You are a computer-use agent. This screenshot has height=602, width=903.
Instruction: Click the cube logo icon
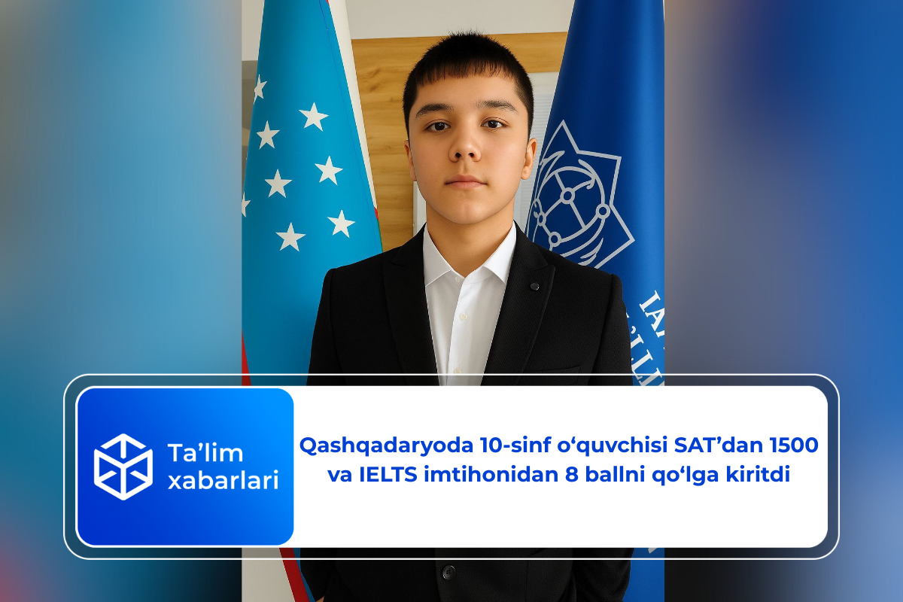(x=123, y=467)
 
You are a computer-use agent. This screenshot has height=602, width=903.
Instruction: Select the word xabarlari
(x=223, y=480)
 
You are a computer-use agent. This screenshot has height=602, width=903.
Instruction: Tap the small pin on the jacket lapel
(x=534, y=287)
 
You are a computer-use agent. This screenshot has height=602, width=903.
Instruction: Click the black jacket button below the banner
(x=448, y=573)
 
